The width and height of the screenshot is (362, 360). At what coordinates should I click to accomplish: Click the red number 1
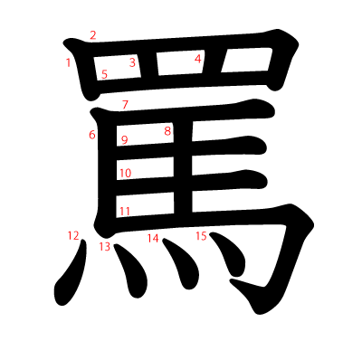(x=69, y=62)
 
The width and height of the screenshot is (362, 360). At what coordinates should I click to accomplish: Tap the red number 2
(x=92, y=35)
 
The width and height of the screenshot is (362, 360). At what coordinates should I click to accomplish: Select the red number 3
(x=132, y=62)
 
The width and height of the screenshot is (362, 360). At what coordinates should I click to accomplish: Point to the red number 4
(x=197, y=59)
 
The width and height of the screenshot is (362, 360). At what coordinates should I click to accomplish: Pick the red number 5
(x=104, y=74)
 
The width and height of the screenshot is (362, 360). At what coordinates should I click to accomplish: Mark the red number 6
(x=92, y=135)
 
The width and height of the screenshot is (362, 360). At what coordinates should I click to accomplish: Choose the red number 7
(x=125, y=105)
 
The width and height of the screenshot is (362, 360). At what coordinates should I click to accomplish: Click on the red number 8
(x=167, y=130)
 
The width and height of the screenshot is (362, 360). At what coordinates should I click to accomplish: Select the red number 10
(x=125, y=173)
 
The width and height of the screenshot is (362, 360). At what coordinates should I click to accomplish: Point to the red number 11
(x=125, y=211)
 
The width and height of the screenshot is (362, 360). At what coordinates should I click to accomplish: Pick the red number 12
(x=73, y=235)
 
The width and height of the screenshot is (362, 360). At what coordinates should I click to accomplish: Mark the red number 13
(x=105, y=246)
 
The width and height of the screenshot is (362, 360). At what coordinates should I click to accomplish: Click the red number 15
(x=201, y=235)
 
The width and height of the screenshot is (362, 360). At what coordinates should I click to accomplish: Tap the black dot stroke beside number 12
(x=71, y=276)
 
